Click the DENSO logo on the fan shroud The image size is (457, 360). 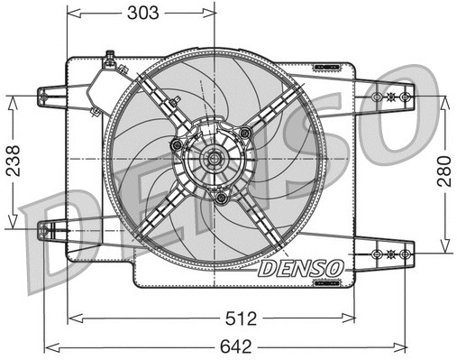pos(299,268)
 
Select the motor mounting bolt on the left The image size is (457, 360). pos(178,145)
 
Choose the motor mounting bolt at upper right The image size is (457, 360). pos(245,134)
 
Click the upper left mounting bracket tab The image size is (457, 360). pos(53,94)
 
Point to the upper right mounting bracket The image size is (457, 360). pos(392,96)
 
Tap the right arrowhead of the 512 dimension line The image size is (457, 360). pos(351,317)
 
